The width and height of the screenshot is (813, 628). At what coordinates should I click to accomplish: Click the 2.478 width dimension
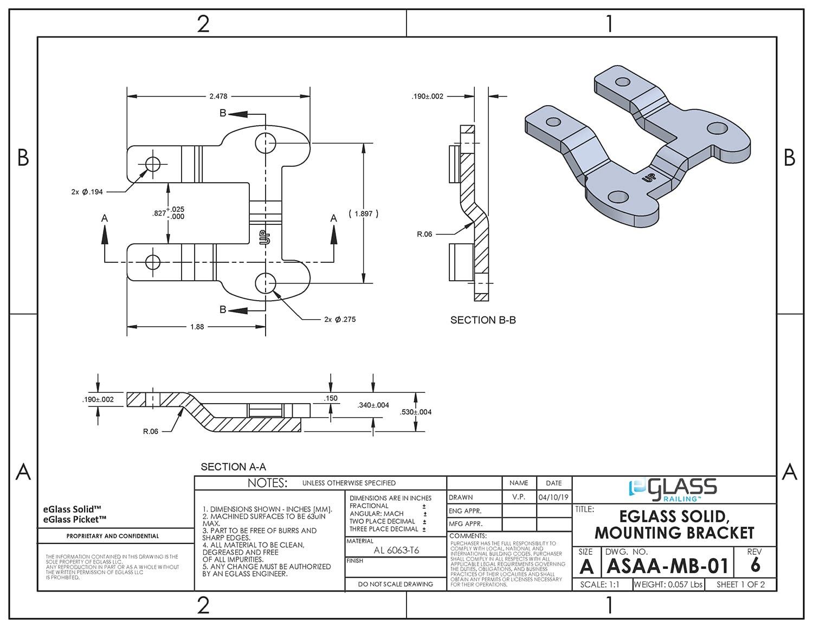pos(218,96)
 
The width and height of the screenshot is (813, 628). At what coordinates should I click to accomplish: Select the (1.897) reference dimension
pos(364,213)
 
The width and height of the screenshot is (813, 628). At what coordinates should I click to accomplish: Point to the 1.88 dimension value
pos(197,327)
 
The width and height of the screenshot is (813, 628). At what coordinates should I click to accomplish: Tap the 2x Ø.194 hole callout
pos(87,192)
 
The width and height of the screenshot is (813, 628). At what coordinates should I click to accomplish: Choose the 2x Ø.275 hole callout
pos(340,320)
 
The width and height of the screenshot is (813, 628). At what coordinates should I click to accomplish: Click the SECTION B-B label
pos(483,320)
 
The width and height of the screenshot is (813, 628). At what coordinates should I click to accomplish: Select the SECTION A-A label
pos(233,467)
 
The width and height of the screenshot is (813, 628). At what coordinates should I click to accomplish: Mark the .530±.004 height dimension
pos(416,412)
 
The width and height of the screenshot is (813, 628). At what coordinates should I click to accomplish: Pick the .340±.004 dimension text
pos(373,405)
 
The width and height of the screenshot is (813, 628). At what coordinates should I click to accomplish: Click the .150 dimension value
pos(331,398)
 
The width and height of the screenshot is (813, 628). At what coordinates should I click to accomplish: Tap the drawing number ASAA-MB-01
pos(667,566)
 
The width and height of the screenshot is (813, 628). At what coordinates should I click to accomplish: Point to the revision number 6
pos(755,566)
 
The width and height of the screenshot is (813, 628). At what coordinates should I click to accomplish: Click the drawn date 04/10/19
pos(553,497)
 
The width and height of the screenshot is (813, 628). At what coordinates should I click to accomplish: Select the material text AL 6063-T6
pos(396,550)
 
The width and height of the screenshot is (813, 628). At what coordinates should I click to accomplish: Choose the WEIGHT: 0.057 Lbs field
pos(668,585)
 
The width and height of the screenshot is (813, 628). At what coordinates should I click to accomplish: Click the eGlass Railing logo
pos(673,489)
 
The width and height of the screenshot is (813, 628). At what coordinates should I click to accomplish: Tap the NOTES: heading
pos(267,483)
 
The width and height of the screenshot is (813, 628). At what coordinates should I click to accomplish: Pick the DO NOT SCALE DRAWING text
pos(396,584)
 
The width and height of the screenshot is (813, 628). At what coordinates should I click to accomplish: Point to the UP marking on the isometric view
pos(648,177)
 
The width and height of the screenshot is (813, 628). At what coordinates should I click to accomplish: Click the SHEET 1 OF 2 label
pos(740,585)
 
